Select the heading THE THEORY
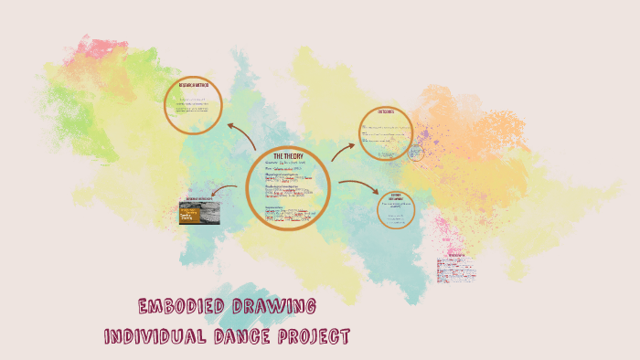287,157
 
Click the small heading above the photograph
199,197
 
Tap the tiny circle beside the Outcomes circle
415,153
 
